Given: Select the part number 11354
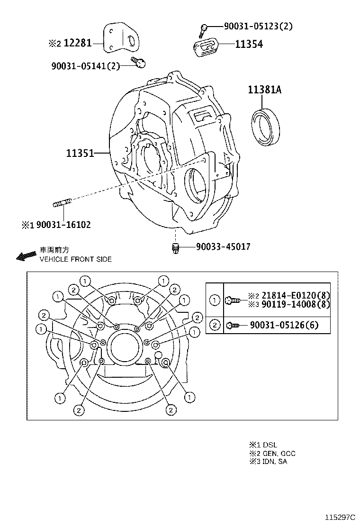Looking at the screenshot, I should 249,45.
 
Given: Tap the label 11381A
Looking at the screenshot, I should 264,90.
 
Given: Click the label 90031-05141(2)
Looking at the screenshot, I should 85,66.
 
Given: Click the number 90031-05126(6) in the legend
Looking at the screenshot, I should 284,325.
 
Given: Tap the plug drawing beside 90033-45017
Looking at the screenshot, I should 175,247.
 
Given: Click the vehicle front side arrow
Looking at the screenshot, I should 26,255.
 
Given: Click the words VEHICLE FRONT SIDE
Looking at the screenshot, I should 75,259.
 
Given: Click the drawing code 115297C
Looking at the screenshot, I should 340,517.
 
